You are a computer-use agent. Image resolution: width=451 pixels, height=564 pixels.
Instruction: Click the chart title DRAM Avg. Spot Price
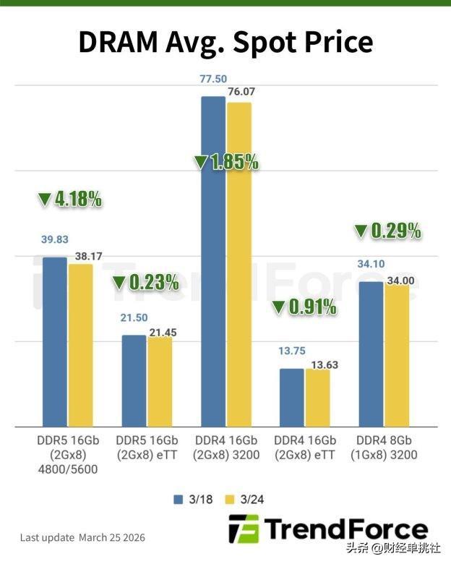tap(225, 43)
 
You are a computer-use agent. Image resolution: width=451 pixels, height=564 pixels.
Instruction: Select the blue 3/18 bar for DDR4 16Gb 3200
tap(213, 260)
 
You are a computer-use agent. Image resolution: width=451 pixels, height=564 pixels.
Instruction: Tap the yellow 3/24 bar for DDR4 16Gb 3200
tap(239, 264)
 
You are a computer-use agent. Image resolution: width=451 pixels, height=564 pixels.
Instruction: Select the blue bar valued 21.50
tap(134, 380)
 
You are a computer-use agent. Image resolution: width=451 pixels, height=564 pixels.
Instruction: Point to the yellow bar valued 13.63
tap(317, 397)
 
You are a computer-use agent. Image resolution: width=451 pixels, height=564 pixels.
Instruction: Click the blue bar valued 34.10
tap(371, 354)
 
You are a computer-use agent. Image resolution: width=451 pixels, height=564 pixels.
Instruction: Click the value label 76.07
tap(241, 92)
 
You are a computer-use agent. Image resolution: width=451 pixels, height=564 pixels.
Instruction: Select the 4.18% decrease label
tap(69, 199)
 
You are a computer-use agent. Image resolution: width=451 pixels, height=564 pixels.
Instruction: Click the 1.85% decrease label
tap(226, 161)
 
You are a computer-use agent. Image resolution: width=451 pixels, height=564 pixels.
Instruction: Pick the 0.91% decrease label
tap(304, 307)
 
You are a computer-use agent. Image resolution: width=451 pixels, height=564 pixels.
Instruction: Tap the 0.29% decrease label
tap(387, 231)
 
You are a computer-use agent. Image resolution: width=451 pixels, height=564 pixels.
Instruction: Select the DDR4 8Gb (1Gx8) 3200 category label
tap(383, 448)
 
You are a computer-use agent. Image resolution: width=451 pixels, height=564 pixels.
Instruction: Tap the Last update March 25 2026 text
tap(82, 537)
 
